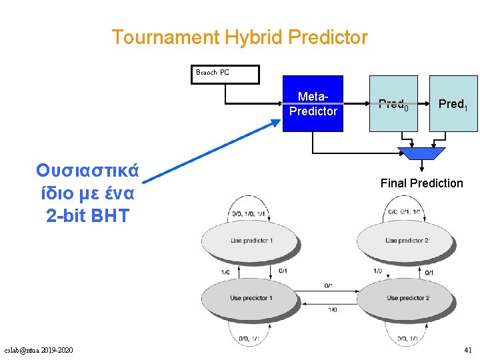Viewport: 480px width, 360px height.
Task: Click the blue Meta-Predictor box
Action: click(313, 104)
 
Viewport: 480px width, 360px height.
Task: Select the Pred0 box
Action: click(393, 104)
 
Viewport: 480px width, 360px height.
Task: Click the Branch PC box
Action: click(225, 73)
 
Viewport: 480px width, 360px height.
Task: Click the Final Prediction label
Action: click(421, 183)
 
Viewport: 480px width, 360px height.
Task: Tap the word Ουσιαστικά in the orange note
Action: click(87, 171)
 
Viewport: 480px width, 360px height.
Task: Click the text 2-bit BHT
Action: click(87, 215)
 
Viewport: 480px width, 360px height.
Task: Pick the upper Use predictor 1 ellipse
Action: click(252, 241)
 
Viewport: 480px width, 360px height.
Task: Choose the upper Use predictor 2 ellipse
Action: click(406, 241)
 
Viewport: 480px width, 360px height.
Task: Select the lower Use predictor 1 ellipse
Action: click(252, 298)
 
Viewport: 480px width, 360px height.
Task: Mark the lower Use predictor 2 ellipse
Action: click(406, 298)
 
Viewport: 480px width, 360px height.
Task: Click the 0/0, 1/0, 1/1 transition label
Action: click(247, 214)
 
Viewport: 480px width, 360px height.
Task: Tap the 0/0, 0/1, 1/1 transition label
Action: click(405, 213)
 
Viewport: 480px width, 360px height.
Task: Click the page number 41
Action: click(467, 350)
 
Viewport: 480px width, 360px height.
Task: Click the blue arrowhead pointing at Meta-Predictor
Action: click(276, 123)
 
